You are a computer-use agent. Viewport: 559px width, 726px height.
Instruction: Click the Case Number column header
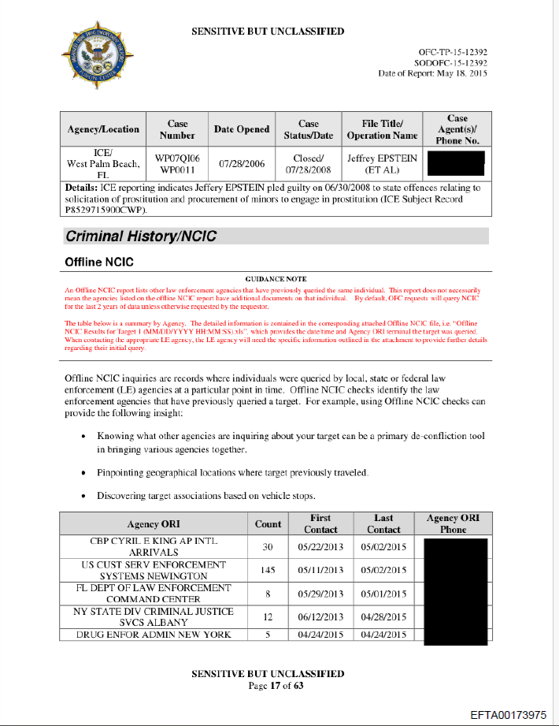178,129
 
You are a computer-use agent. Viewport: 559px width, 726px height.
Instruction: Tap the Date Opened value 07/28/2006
242,164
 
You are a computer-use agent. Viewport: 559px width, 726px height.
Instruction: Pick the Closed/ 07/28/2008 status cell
309,164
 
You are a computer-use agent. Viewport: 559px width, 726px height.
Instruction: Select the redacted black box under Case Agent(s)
454,164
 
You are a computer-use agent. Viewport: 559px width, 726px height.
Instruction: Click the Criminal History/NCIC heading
141,236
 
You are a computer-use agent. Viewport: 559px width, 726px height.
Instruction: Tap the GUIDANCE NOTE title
276,280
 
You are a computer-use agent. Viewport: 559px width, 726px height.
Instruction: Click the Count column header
268,523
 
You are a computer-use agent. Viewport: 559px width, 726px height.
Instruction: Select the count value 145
268,570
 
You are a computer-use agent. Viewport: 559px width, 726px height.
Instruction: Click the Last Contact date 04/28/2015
383,617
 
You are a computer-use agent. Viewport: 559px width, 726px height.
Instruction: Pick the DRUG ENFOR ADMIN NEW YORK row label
154,635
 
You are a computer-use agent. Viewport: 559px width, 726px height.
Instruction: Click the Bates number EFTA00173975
508,714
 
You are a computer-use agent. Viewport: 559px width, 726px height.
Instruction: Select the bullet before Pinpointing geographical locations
84,473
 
